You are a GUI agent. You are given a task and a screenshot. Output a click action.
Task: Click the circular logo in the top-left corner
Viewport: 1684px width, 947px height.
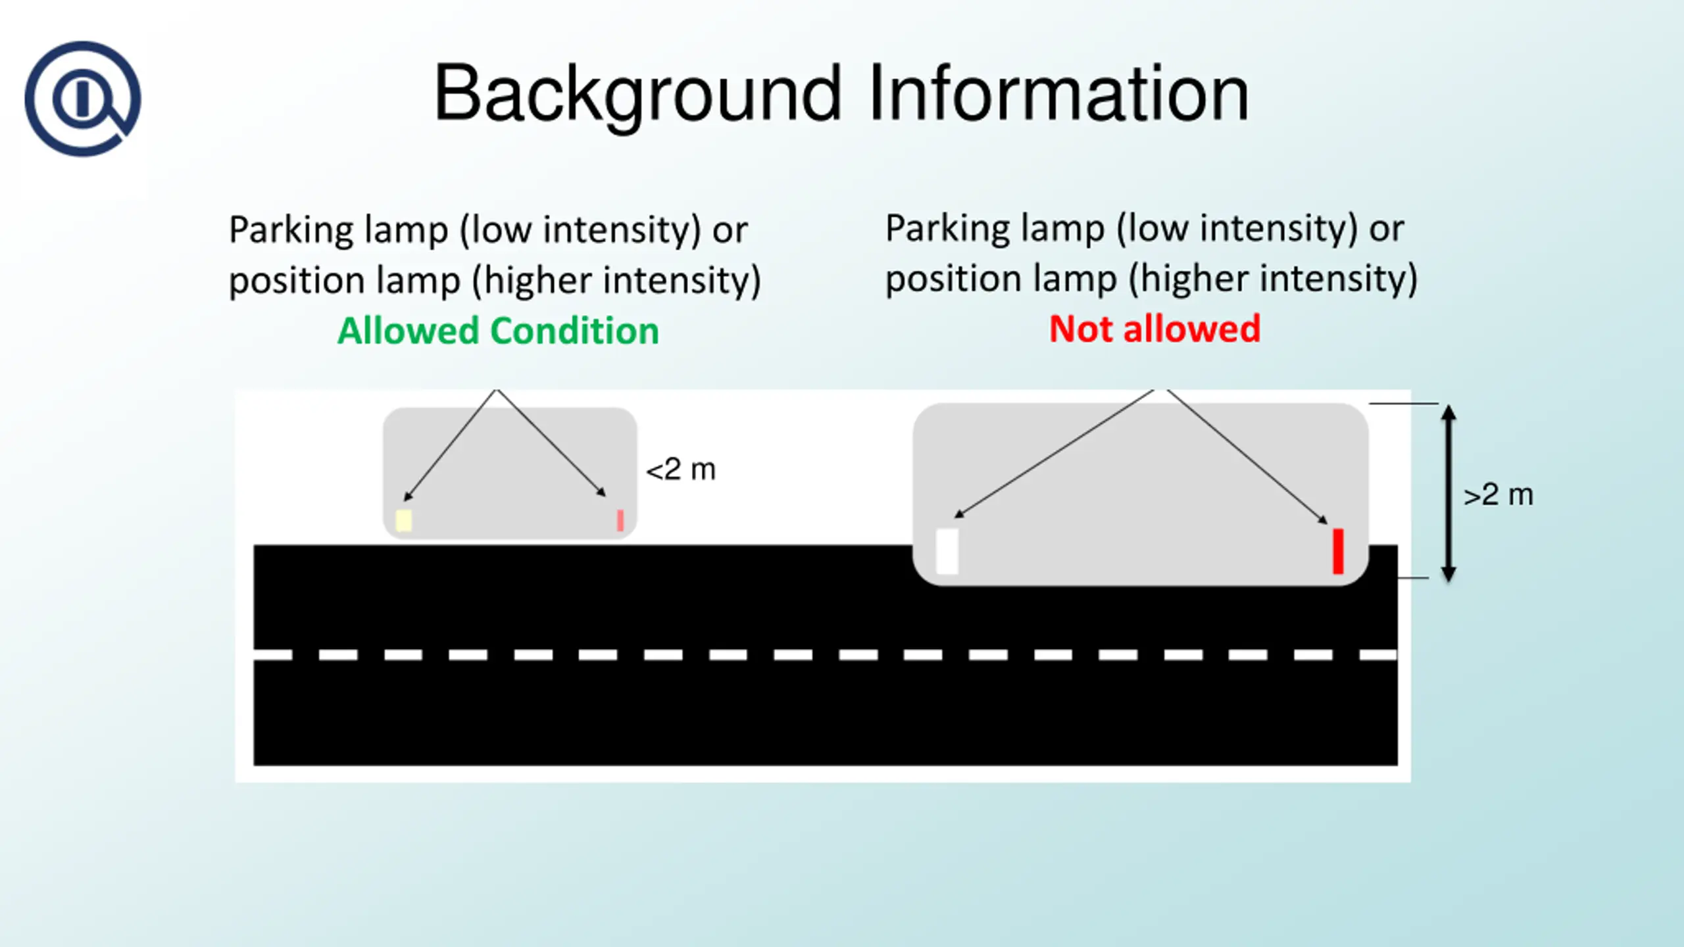click(x=82, y=99)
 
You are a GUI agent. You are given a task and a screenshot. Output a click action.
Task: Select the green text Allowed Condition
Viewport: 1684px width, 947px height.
click(x=498, y=330)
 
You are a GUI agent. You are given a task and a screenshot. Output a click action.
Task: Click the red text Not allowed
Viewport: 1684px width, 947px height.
click(x=1154, y=329)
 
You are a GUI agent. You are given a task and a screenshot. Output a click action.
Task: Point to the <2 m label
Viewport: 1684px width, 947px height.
click(x=680, y=470)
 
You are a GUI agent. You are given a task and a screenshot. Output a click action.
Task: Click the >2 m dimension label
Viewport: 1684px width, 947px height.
click(x=1498, y=495)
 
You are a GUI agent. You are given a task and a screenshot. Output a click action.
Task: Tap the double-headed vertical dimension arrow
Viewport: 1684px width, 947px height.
click(x=1448, y=493)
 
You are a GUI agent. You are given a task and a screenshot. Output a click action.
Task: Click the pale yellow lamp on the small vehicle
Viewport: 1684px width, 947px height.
click(x=403, y=520)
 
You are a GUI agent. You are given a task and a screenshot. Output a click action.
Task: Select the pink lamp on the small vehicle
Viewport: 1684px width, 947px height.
click(x=620, y=520)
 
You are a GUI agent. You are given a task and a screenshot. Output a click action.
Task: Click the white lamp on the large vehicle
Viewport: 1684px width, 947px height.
click(x=947, y=551)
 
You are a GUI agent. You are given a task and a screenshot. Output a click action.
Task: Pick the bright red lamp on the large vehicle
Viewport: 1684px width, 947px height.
click(x=1337, y=551)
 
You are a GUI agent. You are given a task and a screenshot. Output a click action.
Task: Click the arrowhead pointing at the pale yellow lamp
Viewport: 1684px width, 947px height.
click(x=408, y=497)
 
